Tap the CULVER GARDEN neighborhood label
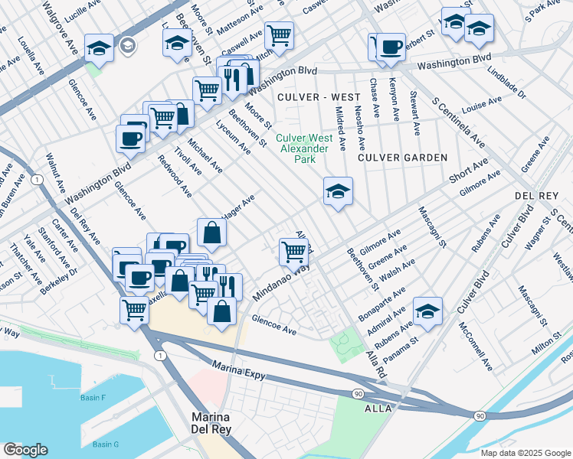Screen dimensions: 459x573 (402, 158)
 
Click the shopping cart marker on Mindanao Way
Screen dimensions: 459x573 (294, 251)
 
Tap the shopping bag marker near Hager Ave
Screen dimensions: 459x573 (211, 232)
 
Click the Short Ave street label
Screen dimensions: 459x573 (469, 172)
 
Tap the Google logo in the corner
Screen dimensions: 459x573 (25, 450)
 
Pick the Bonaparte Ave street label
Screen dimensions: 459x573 (385, 304)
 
